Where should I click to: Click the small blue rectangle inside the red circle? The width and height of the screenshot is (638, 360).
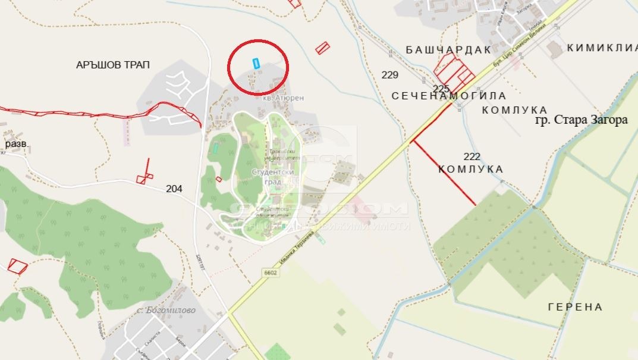257,63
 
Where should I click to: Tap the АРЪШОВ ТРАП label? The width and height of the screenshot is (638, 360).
113,64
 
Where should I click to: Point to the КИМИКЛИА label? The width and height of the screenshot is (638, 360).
602,48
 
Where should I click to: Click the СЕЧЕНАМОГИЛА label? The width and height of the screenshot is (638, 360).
449,96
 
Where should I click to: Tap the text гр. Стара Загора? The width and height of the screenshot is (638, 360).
581,120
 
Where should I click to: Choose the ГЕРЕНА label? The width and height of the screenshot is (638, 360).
575,307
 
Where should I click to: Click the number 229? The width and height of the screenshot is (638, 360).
390,75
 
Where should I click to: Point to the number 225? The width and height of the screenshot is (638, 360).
441,89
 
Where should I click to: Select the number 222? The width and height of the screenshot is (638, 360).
472,156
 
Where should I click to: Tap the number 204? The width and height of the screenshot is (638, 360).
174,189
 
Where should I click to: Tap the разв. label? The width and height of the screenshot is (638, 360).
17,145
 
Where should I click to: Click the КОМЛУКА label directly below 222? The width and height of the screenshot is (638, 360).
471,170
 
